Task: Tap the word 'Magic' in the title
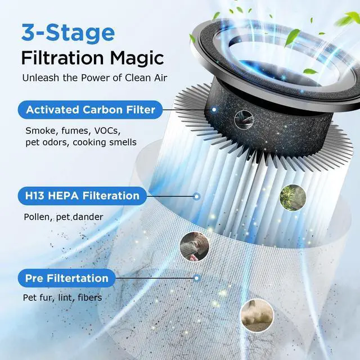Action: (x=137, y=57)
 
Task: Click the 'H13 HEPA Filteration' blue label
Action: (x=82, y=196)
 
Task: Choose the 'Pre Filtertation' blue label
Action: (x=66, y=278)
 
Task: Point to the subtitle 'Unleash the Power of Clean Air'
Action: (x=94, y=78)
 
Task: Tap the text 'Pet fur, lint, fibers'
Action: (x=62, y=297)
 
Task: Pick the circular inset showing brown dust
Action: (x=253, y=315)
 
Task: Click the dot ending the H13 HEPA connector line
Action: (x=197, y=196)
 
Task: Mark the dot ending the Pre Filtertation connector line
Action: (x=196, y=278)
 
